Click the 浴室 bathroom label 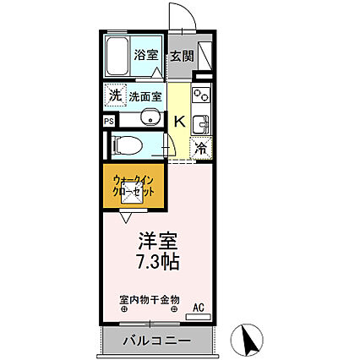[146, 56]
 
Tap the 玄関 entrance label [182, 56]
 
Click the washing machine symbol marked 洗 [113, 95]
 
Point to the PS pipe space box [108, 120]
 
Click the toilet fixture [130, 144]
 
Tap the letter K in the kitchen [179, 121]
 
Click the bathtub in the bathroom [118, 57]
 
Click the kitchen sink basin [200, 125]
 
